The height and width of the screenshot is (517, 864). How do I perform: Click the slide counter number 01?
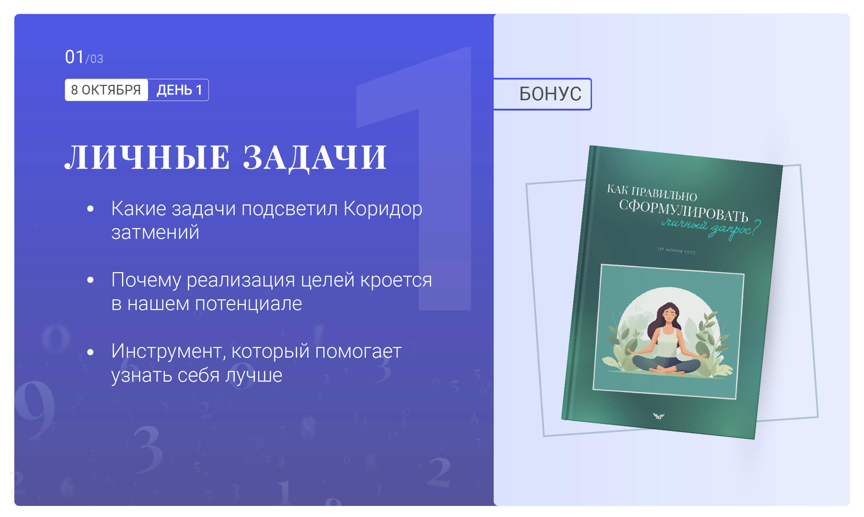click(x=74, y=57)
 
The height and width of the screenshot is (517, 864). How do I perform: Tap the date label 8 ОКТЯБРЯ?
click(x=106, y=90)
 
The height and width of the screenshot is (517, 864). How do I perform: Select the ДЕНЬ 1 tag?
click(x=179, y=90)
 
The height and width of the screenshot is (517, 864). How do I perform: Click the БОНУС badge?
click(x=550, y=94)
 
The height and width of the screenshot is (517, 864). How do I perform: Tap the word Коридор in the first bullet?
click(x=383, y=209)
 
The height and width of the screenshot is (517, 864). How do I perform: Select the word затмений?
click(x=155, y=232)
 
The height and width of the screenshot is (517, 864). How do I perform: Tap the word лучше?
click(x=254, y=375)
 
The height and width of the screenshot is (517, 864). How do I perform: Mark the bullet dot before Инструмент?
click(x=91, y=352)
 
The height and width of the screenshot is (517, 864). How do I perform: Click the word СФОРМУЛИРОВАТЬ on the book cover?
click(x=684, y=211)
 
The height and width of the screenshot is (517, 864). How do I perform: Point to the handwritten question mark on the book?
click(x=756, y=228)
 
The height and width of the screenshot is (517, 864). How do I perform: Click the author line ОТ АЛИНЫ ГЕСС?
click(x=677, y=250)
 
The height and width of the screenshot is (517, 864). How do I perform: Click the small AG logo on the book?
click(x=659, y=416)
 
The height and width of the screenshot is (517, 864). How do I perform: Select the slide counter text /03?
click(x=94, y=59)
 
